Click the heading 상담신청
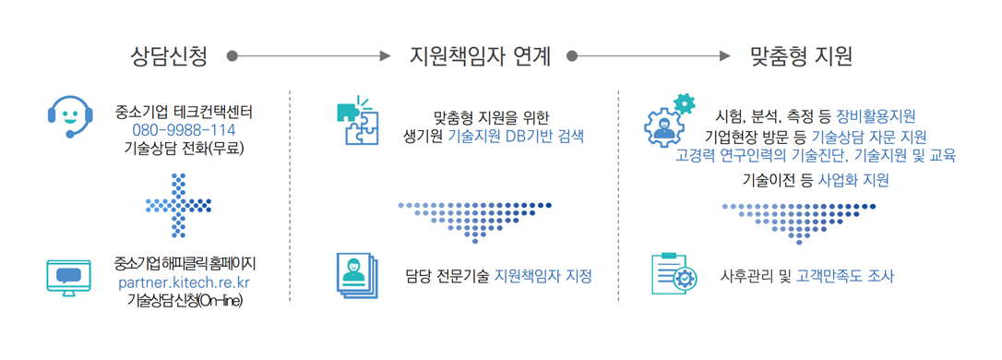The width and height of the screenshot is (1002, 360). pos(169,56)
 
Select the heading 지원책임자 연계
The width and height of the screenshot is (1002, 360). pos(480,56)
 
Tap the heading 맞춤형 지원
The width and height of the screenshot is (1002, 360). pos(801,56)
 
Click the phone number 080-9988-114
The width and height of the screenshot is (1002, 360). pos(185,129)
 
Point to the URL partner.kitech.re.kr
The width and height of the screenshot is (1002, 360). pos(185,282)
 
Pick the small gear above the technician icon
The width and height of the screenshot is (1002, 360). pos(685,103)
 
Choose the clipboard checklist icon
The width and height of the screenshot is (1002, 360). pos(674,274)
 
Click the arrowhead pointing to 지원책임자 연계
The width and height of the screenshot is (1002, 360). pos(386,56)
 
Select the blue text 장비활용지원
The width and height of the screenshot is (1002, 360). pos(876,116)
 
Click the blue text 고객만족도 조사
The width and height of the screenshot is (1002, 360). pos(846,276)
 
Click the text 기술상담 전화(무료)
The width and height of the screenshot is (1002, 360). pos(185,147)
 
